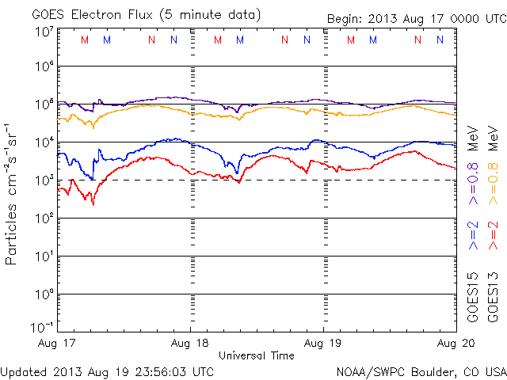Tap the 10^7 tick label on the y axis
point(44,32)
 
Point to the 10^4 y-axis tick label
point(44,142)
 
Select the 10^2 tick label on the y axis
point(44,218)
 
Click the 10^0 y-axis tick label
point(44,294)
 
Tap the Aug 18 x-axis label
point(191,343)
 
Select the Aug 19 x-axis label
point(323,343)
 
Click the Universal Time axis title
point(257,355)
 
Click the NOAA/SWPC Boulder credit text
point(421,370)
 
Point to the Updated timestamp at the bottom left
point(107,370)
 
